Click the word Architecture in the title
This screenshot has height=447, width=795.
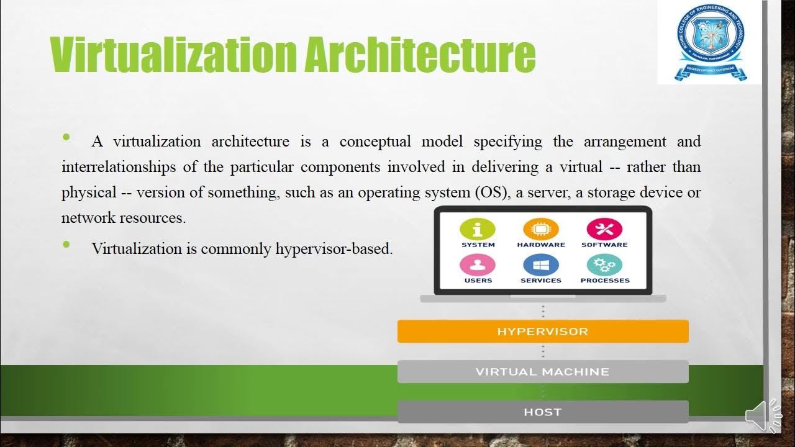tap(420, 54)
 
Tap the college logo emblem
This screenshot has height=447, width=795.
tap(711, 41)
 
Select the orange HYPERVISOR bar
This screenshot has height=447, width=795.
tap(543, 332)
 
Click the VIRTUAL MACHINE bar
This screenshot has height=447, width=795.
tap(543, 372)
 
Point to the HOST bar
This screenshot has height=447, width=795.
tap(543, 412)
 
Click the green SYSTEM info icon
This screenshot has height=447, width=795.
tap(478, 229)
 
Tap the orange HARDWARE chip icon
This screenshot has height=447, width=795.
tap(541, 229)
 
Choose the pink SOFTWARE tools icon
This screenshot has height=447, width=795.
tap(604, 229)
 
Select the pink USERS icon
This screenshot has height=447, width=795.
tap(478, 266)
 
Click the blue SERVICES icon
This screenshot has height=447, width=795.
tap(541, 266)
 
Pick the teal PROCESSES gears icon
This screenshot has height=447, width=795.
tap(604, 266)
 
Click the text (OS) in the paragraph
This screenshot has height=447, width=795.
tap(491, 192)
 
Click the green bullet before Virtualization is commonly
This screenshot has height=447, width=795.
tap(66, 245)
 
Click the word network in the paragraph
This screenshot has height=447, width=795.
tap(86, 218)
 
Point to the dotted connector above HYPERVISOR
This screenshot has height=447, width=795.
tap(543, 311)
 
